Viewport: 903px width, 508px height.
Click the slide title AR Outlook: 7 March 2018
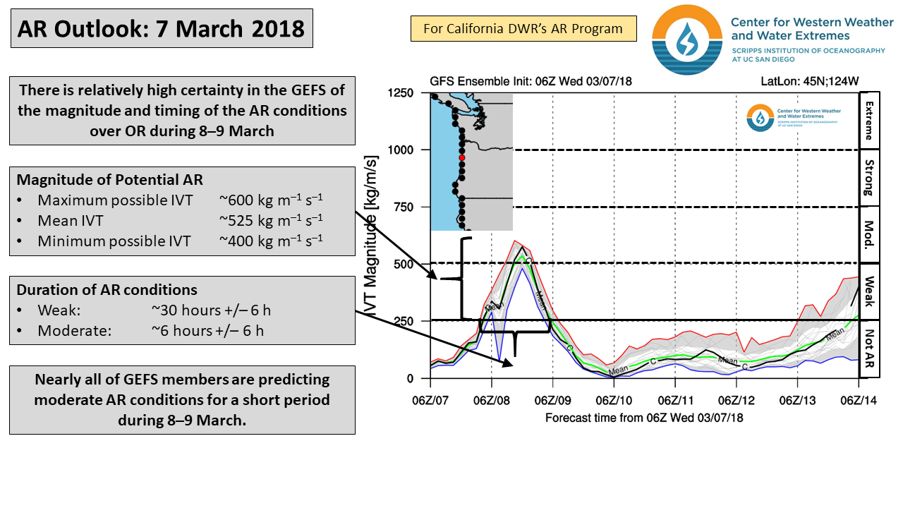[162, 29]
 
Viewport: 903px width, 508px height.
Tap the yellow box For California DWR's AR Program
[523, 29]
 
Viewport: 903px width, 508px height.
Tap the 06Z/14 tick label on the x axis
[859, 400]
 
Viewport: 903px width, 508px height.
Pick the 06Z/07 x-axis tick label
[430, 400]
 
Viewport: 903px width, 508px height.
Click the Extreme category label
[869, 120]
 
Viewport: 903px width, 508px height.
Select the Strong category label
[869, 178]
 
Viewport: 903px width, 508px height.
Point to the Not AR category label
[869, 349]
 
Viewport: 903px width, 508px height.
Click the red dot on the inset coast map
[462, 158]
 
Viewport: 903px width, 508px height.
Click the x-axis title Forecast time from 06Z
[644, 418]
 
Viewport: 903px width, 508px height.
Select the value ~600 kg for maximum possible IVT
[271, 200]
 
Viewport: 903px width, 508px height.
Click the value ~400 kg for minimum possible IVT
[271, 241]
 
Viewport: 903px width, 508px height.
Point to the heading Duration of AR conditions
[107, 290]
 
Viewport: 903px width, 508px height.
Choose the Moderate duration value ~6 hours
[207, 330]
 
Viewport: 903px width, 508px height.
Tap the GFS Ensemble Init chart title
[531, 82]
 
